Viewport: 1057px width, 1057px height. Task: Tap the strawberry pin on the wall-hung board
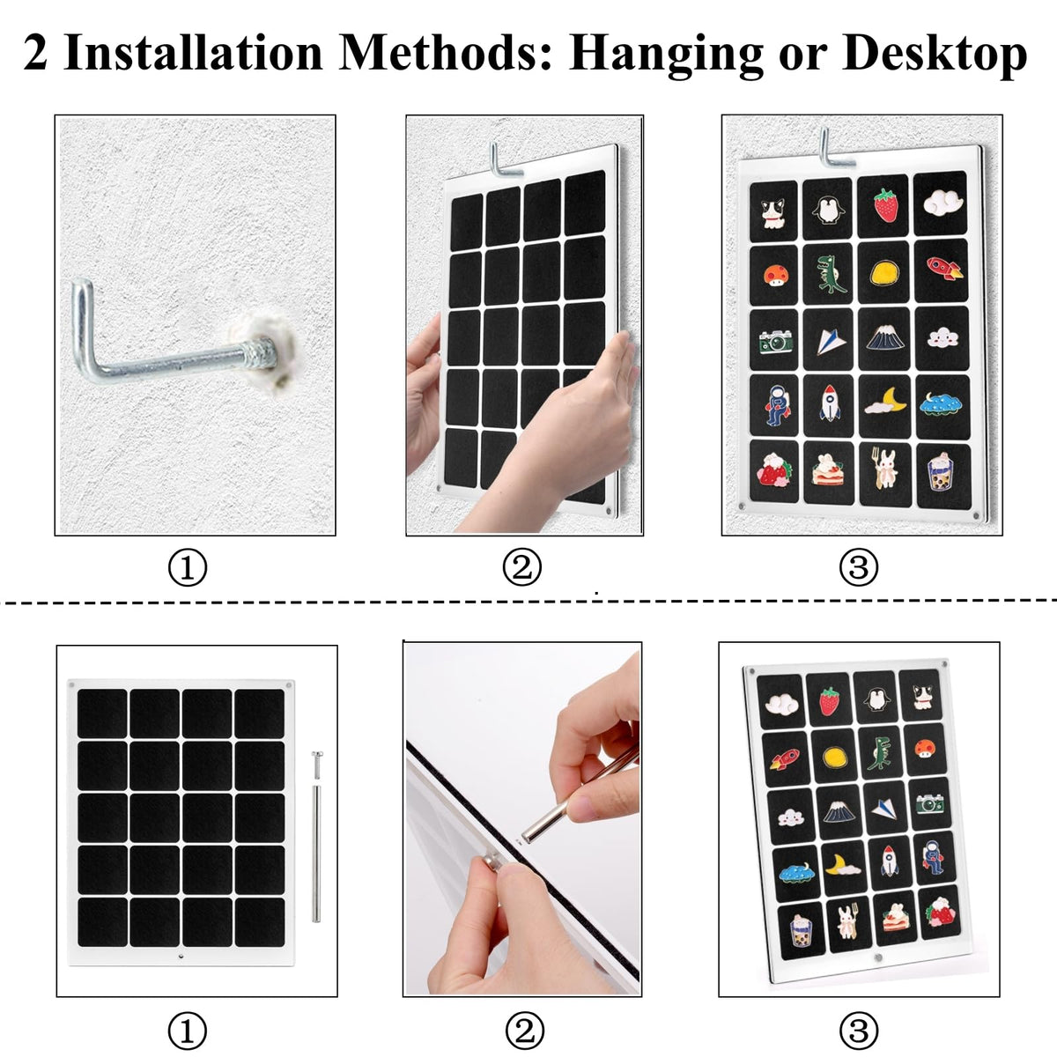pyautogui.click(x=885, y=204)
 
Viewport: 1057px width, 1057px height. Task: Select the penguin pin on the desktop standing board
pyautogui.click(x=876, y=700)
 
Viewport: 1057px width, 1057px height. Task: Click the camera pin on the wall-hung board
pyautogui.click(x=776, y=342)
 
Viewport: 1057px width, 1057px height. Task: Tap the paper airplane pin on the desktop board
pyautogui.click(x=884, y=809)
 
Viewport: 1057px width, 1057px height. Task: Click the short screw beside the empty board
pyautogui.click(x=316, y=764)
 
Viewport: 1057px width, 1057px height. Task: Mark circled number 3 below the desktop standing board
pyautogui.click(x=859, y=1030)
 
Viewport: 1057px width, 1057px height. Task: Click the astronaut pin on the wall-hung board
pyautogui.click(x=777, y=405)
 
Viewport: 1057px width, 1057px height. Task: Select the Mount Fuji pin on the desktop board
pyautogui.click(x=838, y=810)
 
